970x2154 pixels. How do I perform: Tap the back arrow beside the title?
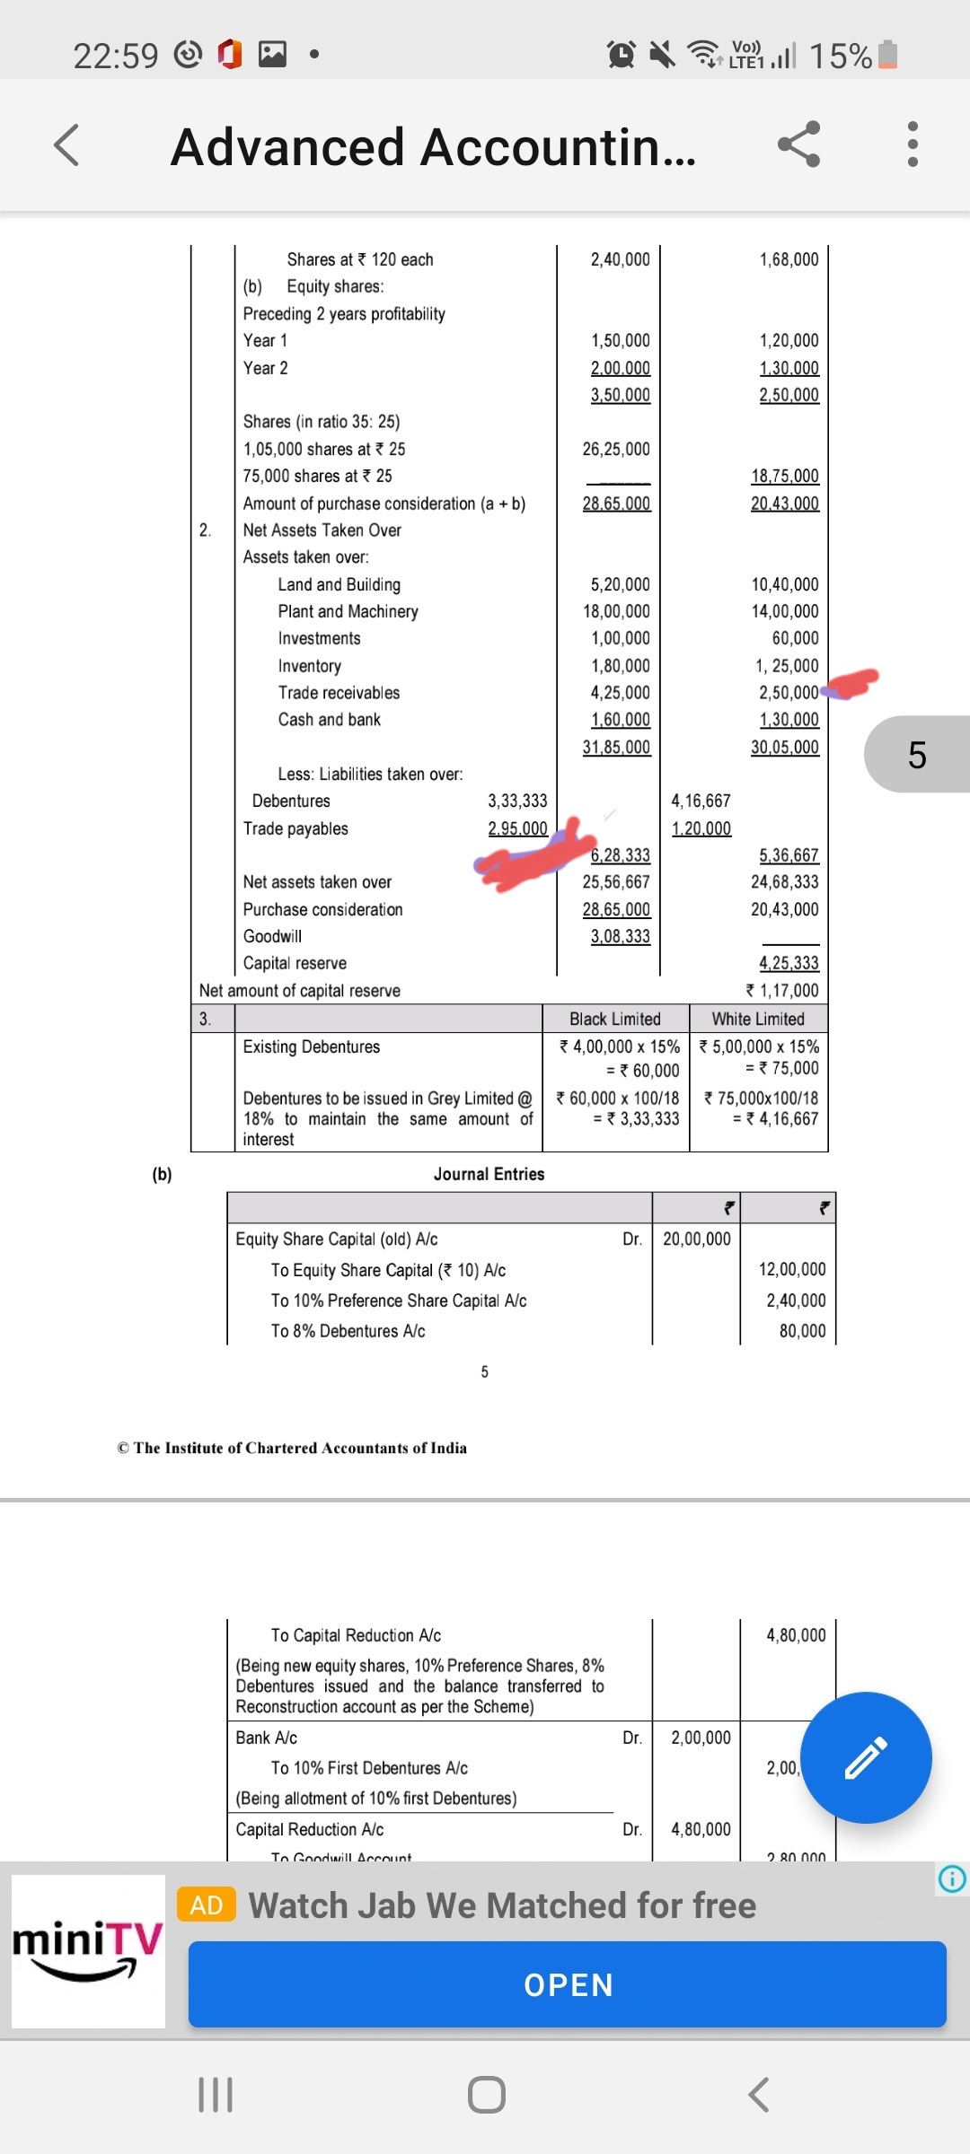(x=67, y=145)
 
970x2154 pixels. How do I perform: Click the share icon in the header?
(x=798, y=144)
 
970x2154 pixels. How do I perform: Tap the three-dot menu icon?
(x=913, y=144)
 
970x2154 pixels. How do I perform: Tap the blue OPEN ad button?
(x=567, y=1984)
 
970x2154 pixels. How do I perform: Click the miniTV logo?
(x=88, y=1951)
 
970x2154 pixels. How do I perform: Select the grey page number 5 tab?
(x=917, y=755)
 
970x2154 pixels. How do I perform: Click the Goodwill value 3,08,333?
(x=620, y=936)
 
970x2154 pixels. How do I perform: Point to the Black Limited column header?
(x=615, y=1019)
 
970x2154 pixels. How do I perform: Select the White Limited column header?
(x=758, y=1019)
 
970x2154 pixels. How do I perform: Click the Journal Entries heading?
(x=489, y=1174)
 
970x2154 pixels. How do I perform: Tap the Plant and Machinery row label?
(x=348, y=611)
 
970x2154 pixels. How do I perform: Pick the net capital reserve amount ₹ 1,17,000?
(x=782, y=990)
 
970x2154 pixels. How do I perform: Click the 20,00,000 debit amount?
(x=697, y=1239)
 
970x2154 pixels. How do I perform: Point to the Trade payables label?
(x=295, y=828)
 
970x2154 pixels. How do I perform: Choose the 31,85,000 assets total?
(x=616, y=747)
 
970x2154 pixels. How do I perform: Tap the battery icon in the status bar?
(x=887, y=55)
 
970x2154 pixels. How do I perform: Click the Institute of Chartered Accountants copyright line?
(x=292, y=1448)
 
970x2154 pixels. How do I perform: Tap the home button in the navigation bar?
(x=486, y=2095)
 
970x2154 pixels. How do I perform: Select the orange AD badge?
(x=207, y=1904)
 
